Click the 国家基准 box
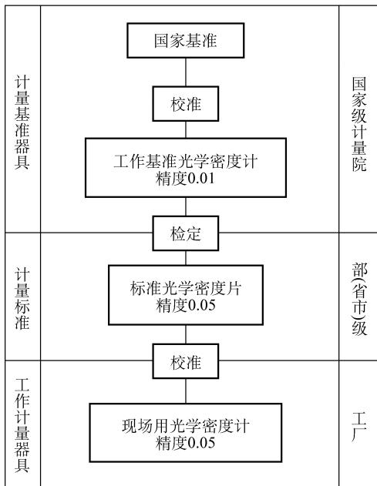tap(186, 40)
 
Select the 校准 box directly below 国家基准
tap(186, 104)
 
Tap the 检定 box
tap(186, 233)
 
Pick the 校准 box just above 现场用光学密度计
tap(186, 361)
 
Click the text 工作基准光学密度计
tap(186, 161)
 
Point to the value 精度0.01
tap(185, 179)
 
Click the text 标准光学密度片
tap(186, 288)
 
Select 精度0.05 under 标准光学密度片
tap(186, 305)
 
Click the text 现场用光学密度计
tap(186, 426)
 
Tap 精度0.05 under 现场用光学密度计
tap(186, 443)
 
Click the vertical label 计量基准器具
tap(22, 122)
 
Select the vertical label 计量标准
tap(22, 299)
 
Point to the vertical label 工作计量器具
tap(22, 425)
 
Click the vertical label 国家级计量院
tap(359, 124)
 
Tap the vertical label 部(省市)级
tap(359, 299)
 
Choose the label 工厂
tap(359, 427)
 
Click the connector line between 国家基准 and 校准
tap(186, 72)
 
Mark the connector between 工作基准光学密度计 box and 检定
tap(186, 206)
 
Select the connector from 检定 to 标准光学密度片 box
tap(186, 258)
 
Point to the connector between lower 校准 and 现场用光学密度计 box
tap(186, 391)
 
